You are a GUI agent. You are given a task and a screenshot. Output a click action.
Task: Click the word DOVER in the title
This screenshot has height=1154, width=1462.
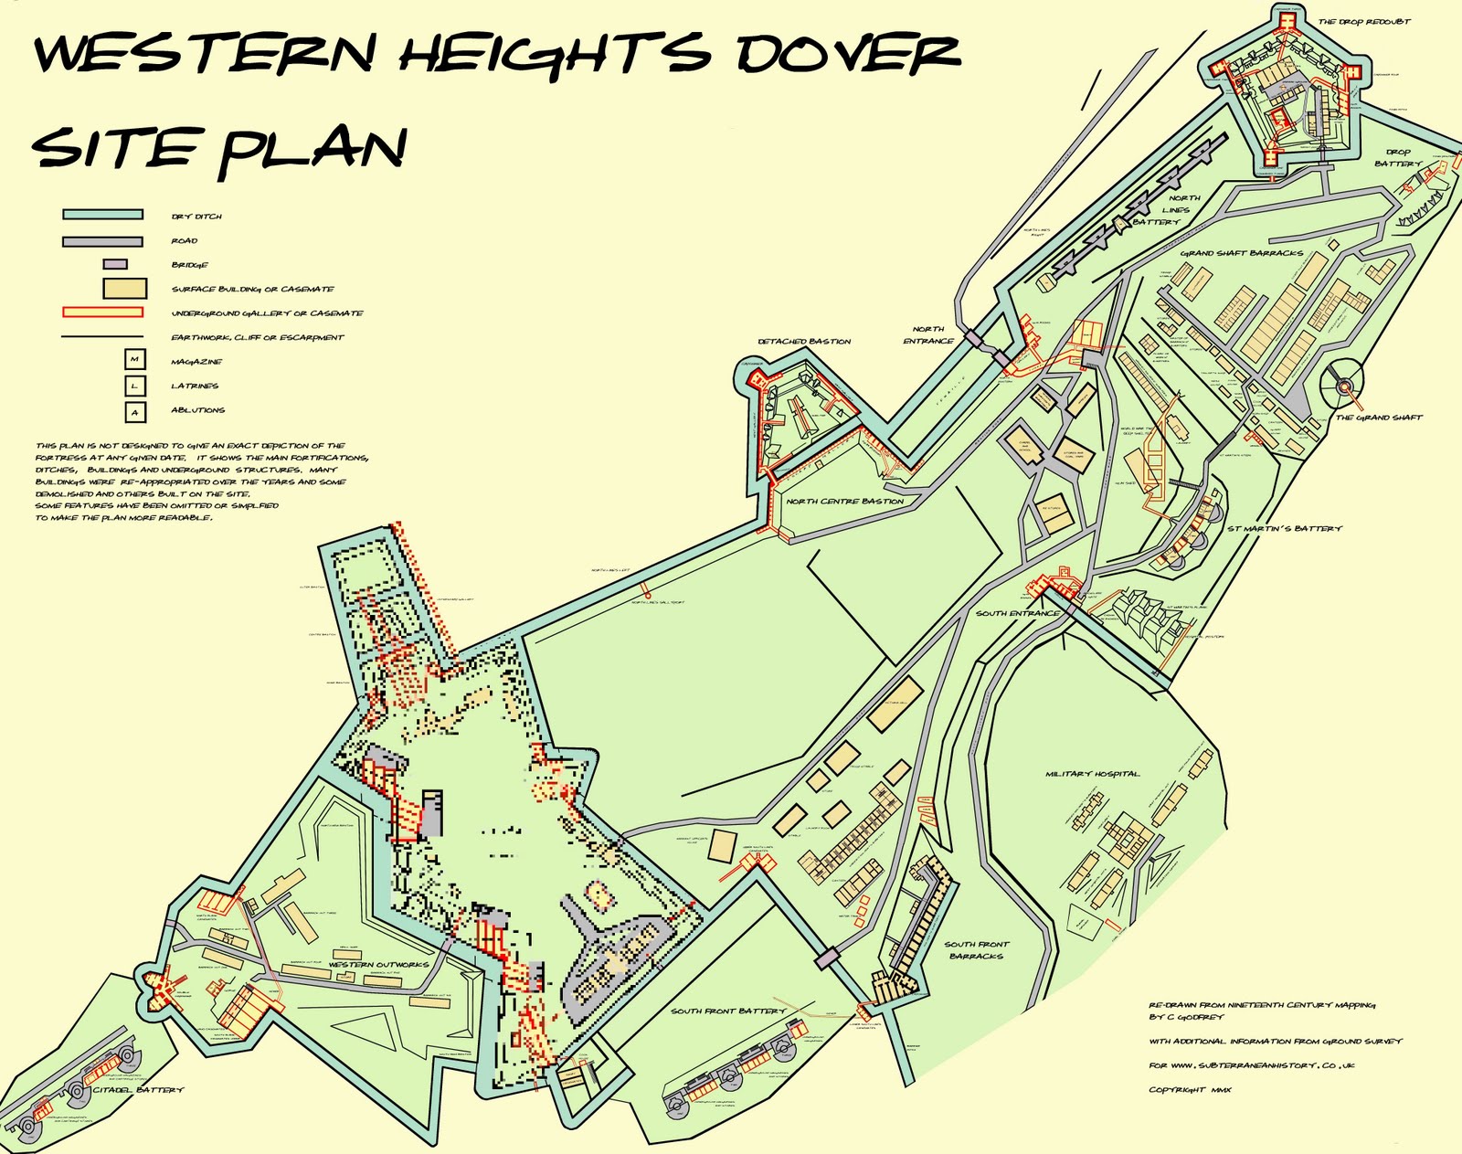tap(848, 54)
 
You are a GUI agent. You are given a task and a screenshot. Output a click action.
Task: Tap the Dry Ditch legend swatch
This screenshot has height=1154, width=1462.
tap(102, 215)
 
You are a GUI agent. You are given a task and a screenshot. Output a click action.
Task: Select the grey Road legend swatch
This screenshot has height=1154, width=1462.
tap(102, 241)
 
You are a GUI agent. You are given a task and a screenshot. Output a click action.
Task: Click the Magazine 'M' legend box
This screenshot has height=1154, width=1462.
tap(135, 361)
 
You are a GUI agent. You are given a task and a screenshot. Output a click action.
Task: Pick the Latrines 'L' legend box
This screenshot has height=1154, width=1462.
tap(135, 386)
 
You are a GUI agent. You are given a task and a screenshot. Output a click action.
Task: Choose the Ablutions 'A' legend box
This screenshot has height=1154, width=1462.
tap(135, 411)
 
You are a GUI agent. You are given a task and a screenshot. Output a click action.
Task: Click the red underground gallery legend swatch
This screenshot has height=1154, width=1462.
tap(102, 312)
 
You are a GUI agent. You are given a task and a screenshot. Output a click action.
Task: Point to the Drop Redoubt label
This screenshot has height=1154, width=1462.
tap(1364, 22)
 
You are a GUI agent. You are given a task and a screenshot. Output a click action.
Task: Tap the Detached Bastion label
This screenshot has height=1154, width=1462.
tap(804, 342)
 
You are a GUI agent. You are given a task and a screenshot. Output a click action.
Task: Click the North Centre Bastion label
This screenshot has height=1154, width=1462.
tap(845, 502)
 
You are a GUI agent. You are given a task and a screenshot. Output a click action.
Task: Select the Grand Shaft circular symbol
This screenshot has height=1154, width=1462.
tap(1343, 386)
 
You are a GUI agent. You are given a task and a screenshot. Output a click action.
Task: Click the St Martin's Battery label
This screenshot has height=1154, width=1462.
tap(1285, 529)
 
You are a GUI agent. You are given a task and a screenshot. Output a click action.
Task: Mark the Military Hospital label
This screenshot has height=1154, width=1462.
tap(1093, 774)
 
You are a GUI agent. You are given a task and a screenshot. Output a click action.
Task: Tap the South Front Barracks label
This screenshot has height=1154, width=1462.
tap(977, 950)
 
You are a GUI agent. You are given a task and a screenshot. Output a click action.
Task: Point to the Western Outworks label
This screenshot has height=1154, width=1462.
tap(378, 965)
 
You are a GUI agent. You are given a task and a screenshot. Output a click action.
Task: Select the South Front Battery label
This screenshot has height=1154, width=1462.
tap(728, 1011)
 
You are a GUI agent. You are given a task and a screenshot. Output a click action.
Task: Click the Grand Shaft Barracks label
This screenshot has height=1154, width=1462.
tap(1242, 253)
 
